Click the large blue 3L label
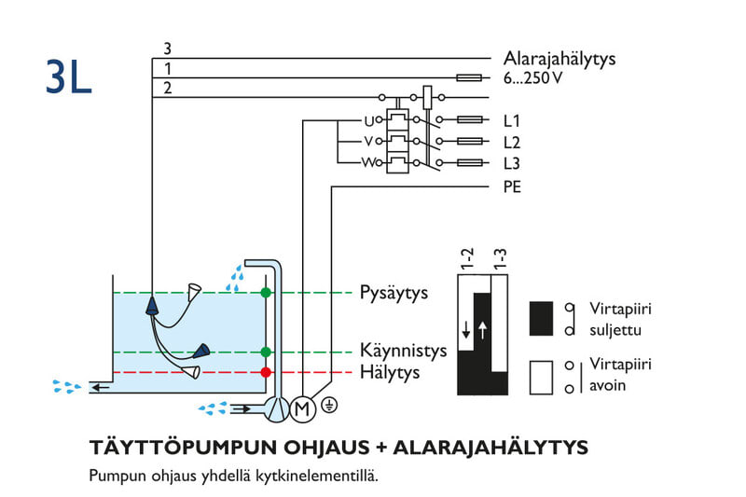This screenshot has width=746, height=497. tap(68, 79)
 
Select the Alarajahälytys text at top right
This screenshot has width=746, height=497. tap(559, 59)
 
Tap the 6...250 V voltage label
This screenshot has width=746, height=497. tap(533, 78)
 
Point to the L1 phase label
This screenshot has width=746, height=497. tap(512, 121)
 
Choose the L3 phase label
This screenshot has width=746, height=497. tap(512, 163)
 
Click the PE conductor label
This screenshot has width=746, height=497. tap(512, 187)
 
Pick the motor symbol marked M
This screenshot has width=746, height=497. tap(300, 407)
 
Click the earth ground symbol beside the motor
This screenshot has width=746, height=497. tap(327, 406)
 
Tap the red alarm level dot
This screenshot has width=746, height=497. tap(266, 372)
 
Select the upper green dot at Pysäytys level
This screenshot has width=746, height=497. tap(266, 293)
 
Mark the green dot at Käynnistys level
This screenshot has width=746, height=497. tap(266, 352)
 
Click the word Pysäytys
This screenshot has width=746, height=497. tap(394, 293)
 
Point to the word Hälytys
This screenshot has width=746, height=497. tap(390, 373)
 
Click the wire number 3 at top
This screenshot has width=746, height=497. tap(167, 48)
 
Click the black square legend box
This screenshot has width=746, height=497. tap(543, 316)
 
